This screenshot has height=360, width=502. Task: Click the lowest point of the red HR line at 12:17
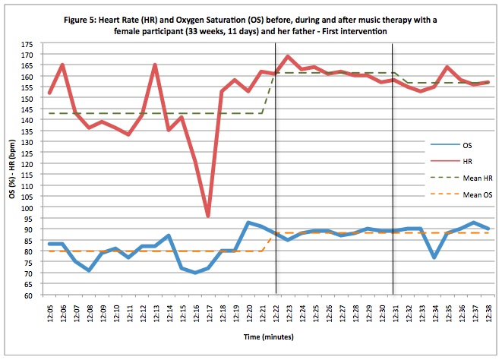click(x=207, y=216)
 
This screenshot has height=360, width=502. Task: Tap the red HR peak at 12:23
click(x=288, y=56)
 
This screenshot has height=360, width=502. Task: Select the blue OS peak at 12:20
click(x=248, y=223)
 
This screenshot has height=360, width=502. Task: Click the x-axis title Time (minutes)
click(x=264, y=335)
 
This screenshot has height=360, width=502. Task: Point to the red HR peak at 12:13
click(x=155, y=65)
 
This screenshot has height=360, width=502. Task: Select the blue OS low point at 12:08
click(x=89, y=270)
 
